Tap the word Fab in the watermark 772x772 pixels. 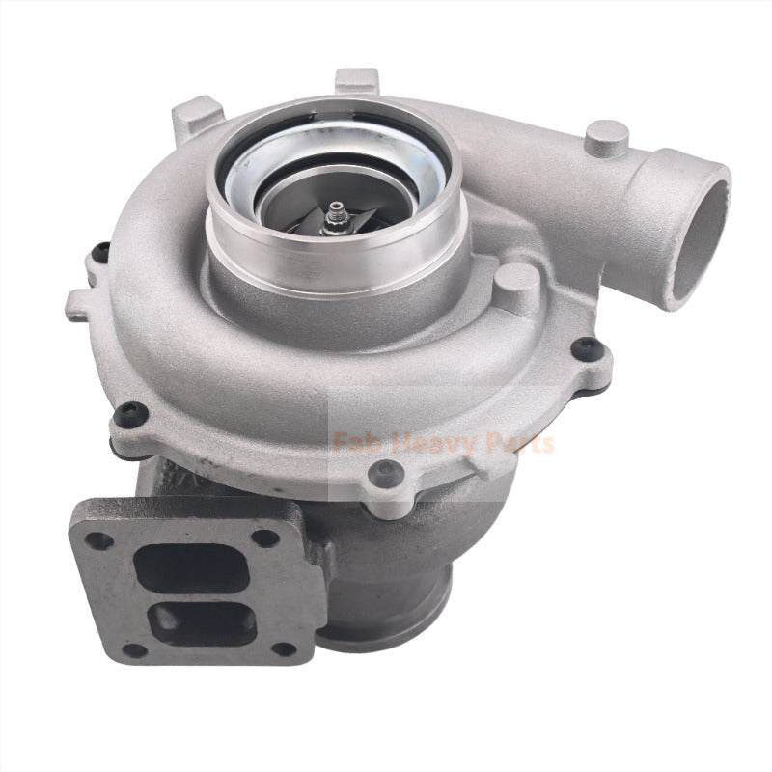click(x=352, y=443)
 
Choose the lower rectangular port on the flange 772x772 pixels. click(x=203, y=622)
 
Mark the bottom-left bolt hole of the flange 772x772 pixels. click(x=138, y=650)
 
